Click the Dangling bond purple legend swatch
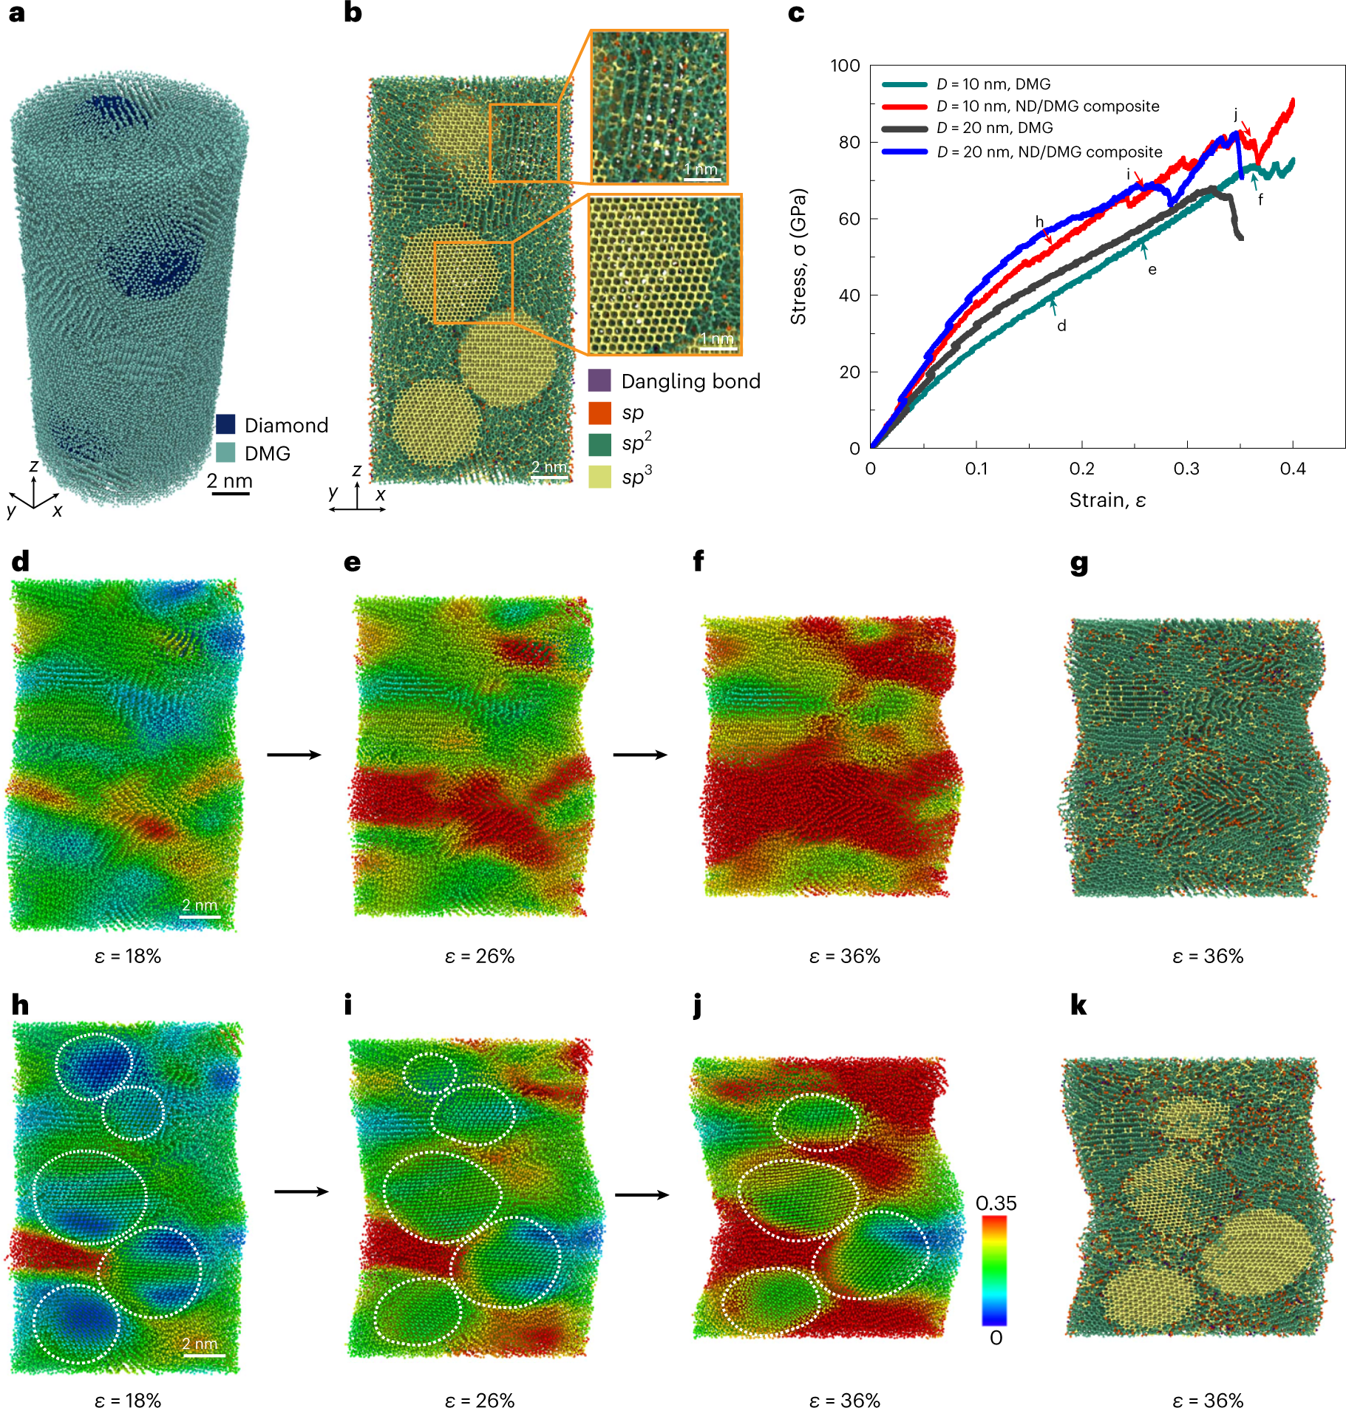[x=599, y=381]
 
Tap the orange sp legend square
[x=599, y=413]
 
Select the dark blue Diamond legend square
[x=225, y=424]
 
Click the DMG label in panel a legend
[x=267, y=453]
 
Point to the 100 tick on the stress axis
[x=845, y=66]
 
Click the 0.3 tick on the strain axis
[x=1186, y=469]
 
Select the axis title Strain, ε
[x=1107, y=500]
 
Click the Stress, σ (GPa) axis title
[x=798, y=256]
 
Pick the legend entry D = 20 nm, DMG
[x=994, y=128]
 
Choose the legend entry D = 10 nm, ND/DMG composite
[x=1047, y=106]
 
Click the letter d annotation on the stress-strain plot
[x=1061, y=326]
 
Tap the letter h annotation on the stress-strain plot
[x=1039, y=222]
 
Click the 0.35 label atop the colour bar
[x=996, y=1203]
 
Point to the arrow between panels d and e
[x=293, y=755]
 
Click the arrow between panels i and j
[x=642, y=1194]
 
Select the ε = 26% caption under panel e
[x=479, y=956]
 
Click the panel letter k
[x=1078, y=1005]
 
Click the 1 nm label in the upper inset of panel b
[x=701, y=169]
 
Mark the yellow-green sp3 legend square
[x=599, y=477]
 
